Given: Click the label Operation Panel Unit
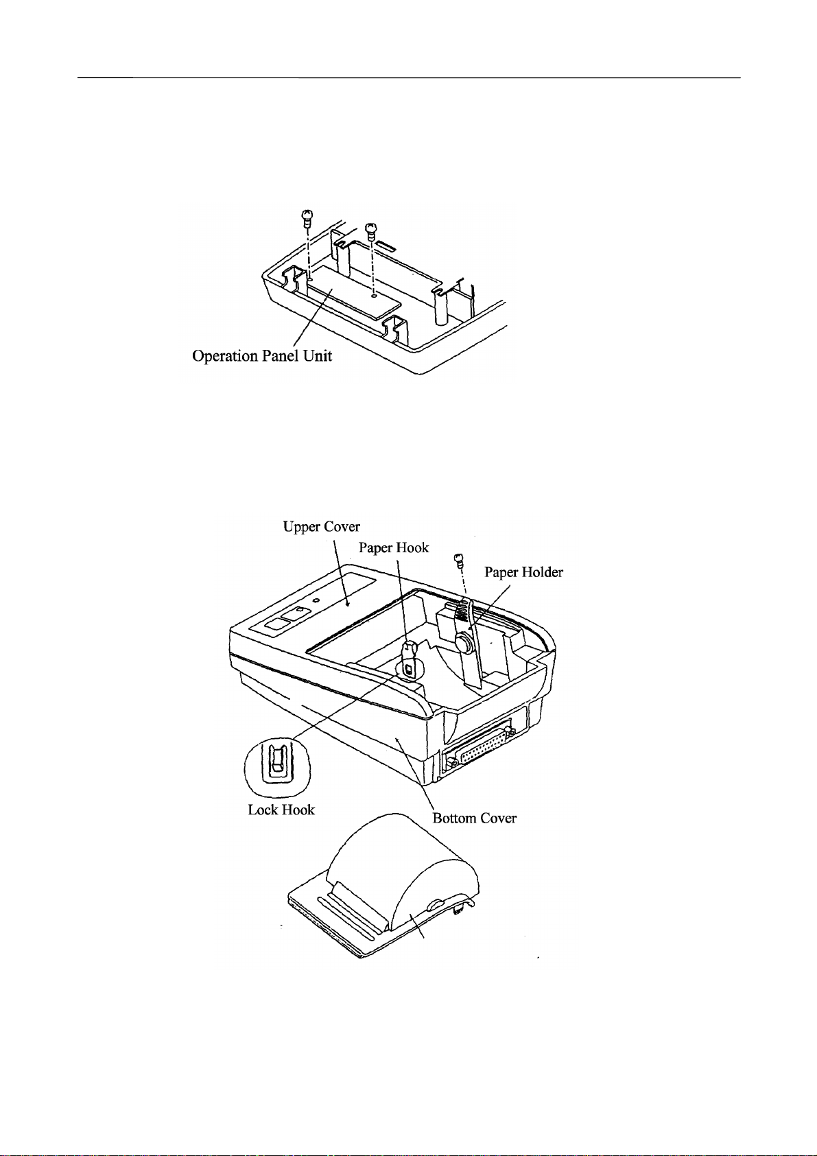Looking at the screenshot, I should (x=262, y=356).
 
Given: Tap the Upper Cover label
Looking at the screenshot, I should (x=321, y=526).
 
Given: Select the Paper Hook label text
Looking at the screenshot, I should (x=394, y=547).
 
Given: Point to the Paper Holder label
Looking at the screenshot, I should (x=523, y=572).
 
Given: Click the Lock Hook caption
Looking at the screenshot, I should (x=281, y=810).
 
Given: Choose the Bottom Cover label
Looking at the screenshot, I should (x=474, y=818).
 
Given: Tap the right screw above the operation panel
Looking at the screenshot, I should (x=371, y=228).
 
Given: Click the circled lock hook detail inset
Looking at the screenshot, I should (x=278, y=766).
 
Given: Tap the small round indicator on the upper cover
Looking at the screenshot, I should (x=316, y=600).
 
